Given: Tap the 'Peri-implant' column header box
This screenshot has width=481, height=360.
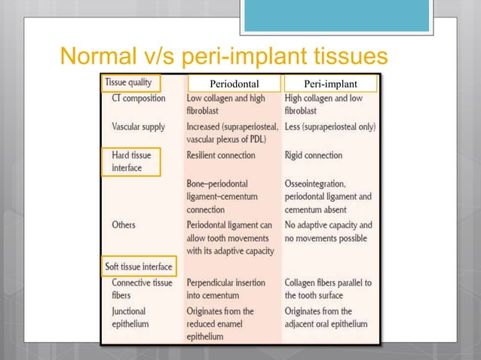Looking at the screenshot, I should pyautogui.click(x=329, y=83).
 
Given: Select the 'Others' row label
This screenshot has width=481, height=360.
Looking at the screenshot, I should pyautogui.click(x=125, y=224).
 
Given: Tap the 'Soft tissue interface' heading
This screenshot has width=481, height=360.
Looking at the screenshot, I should pyautogui.click(x=137, y=266).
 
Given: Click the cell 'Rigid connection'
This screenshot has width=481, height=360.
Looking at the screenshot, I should pyautogui.click(x=314, y=155).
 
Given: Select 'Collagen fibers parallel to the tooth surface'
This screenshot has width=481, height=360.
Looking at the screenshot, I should pyautogui.click(x=328, y=288).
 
